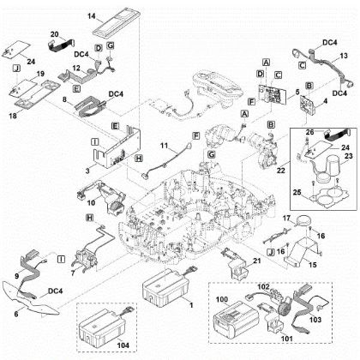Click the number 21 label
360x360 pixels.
(x=256, y=260)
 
